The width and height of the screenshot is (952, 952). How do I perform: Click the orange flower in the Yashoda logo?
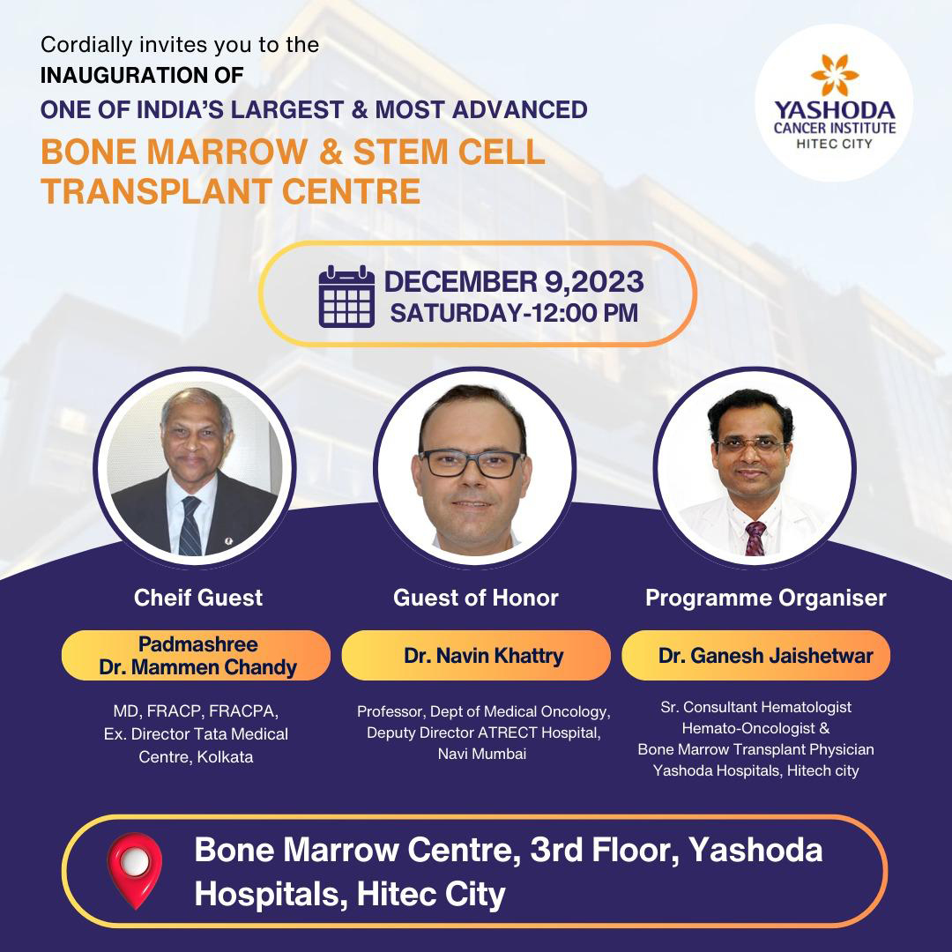[834, 75]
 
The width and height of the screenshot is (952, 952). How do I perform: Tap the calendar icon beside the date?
[346, 296]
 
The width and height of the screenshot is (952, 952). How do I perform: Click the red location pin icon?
[135, 870]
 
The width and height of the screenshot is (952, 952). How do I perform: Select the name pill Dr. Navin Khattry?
[476, 656]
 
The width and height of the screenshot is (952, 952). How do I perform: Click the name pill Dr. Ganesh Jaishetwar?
[756, 656]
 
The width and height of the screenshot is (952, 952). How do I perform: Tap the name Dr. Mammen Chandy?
[198, 667]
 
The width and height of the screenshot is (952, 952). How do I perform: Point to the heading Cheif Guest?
[198, 598]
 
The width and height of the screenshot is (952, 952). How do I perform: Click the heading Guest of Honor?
[476, 598]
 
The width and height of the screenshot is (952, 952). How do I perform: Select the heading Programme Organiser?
[766, 598]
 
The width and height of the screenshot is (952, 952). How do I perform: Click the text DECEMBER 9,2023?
[514, 282]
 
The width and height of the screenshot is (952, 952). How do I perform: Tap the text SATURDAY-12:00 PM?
[514, 313]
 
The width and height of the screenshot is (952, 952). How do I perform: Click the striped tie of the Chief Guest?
[190, 525]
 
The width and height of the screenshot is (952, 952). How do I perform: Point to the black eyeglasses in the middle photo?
[472, 464]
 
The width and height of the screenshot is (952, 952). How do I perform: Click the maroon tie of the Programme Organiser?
[755, 539]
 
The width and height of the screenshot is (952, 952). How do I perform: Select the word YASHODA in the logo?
[834, 110]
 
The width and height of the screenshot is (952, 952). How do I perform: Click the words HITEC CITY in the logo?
[834, 144]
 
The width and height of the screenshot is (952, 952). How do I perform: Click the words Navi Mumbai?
[482, 754]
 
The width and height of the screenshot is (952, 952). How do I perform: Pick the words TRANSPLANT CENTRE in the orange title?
[231, 191]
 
